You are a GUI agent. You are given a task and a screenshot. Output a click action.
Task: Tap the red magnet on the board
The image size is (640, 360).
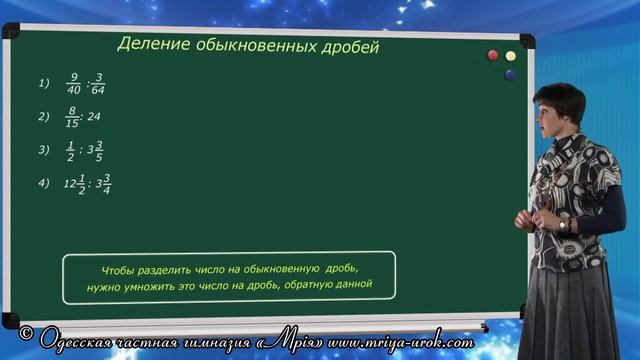(491, 55)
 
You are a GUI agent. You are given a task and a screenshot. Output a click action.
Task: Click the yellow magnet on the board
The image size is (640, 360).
(510, 55)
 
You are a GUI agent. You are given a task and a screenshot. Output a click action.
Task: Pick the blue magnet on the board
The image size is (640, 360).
(510, 74)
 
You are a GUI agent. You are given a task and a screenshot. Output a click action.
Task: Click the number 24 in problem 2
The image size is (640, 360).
(93, 117)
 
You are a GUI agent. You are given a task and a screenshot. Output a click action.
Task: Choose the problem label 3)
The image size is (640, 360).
(44, 150)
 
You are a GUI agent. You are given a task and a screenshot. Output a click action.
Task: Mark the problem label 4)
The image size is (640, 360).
(44, 182)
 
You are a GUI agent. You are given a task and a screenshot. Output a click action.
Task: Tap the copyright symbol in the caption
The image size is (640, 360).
(28, 330)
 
